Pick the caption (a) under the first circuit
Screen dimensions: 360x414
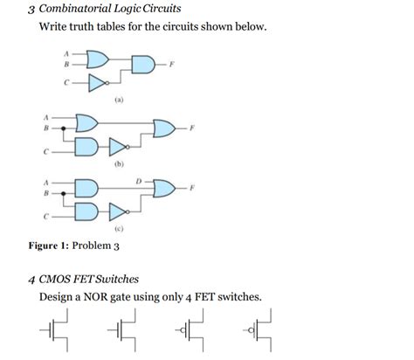click(x=118, y=101)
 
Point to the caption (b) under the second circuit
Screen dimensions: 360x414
click(x=118, y=163)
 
